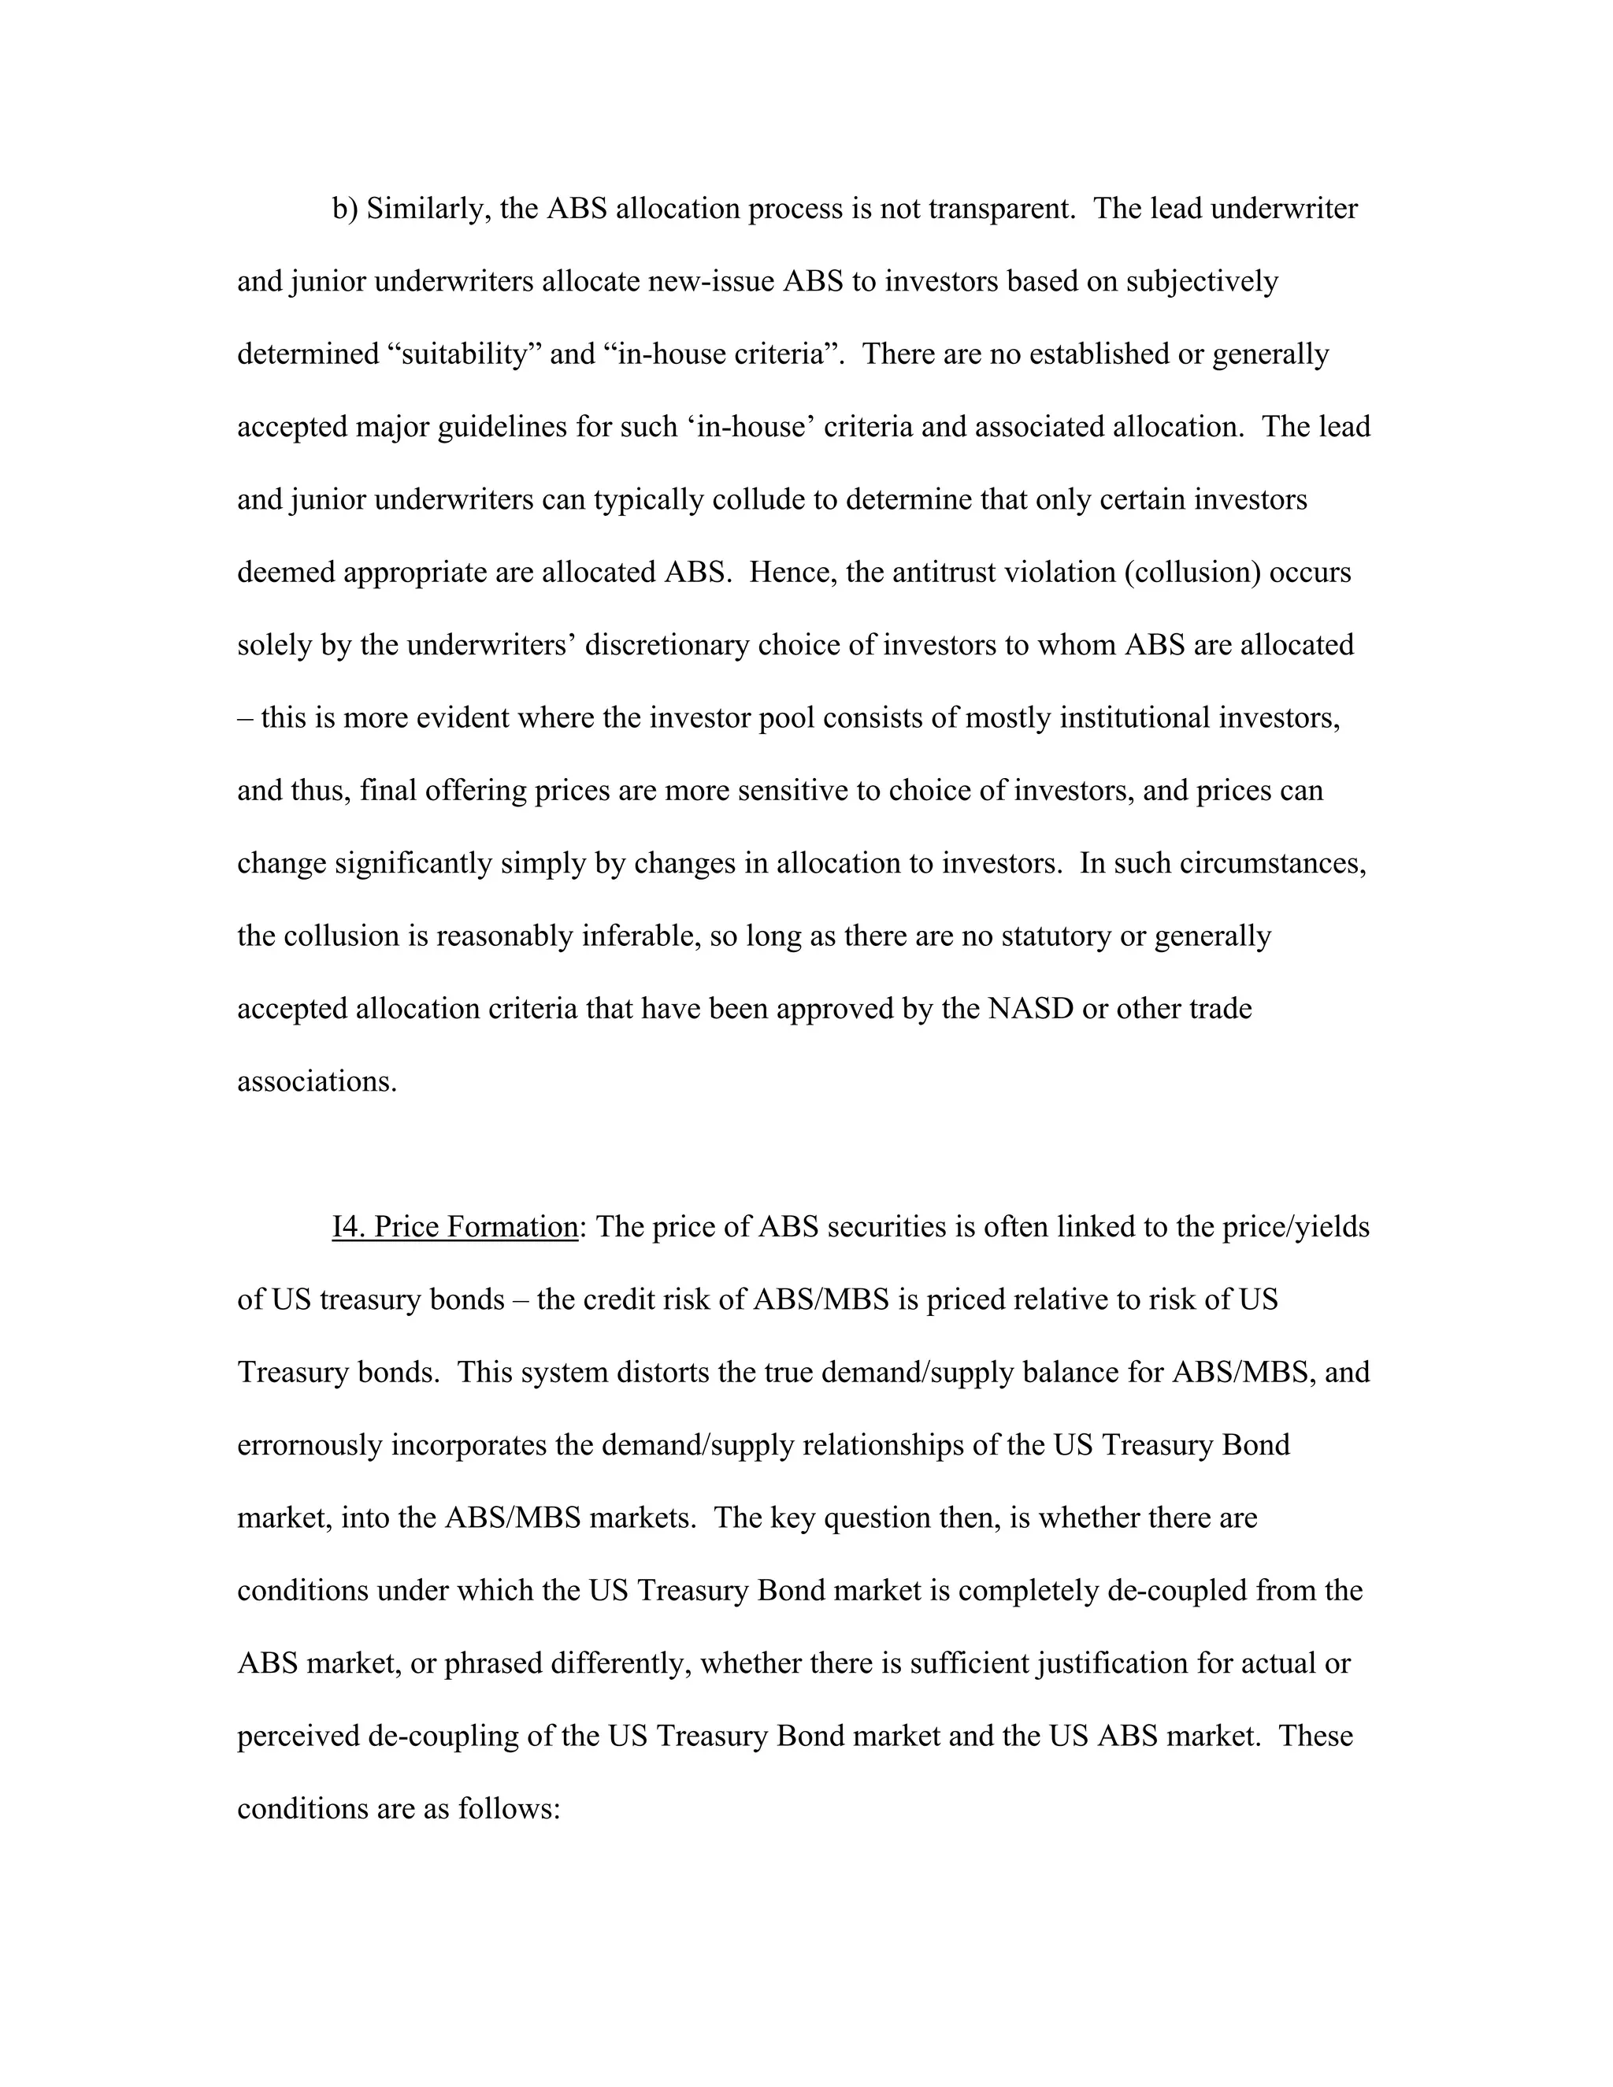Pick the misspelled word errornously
[x=310, y=1445]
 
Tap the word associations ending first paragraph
[x=317, y=1082]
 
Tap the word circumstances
[x=1272, y=863]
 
